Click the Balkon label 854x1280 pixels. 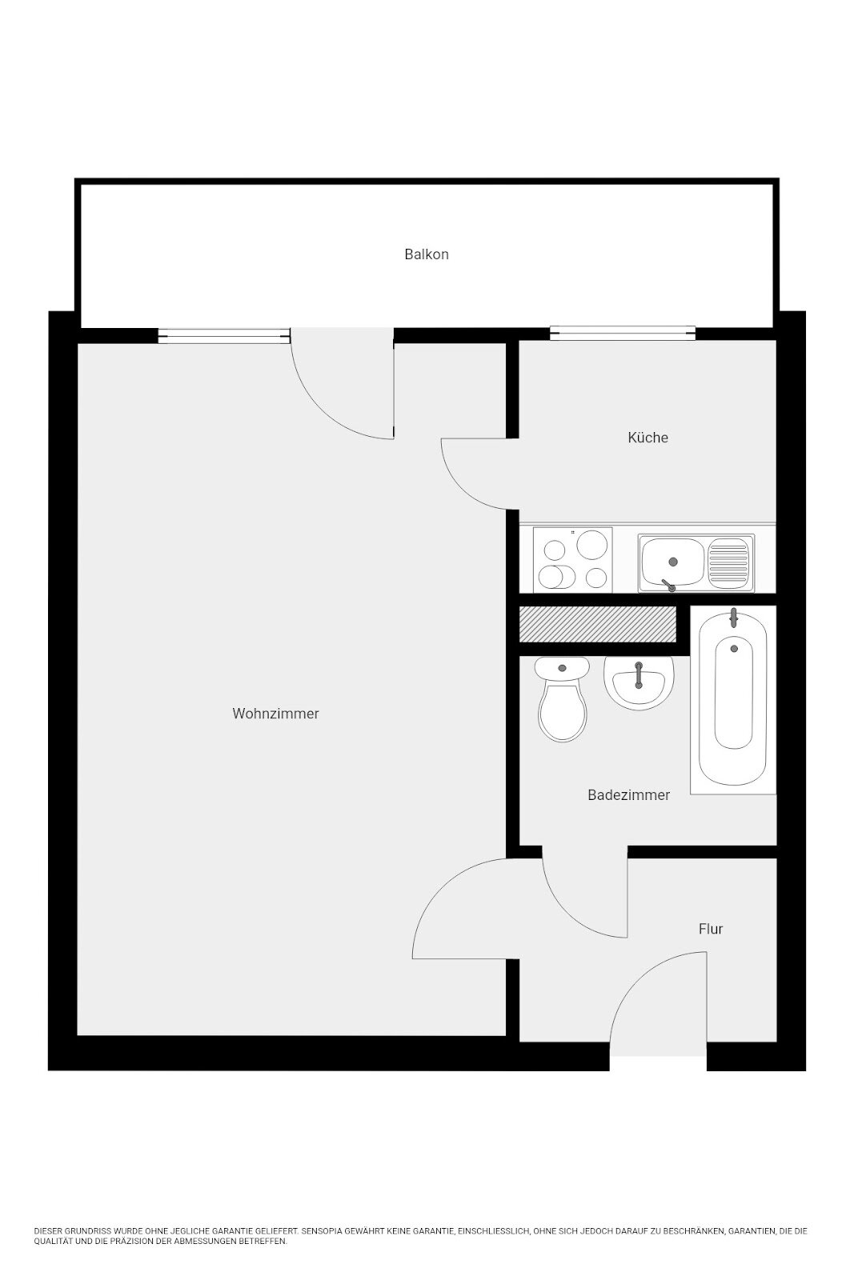pos(426,254)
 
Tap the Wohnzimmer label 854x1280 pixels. pos(275,714)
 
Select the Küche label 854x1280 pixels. pos(648,438)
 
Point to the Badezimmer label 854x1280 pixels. pos(628,795)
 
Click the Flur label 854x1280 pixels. pos(710,929)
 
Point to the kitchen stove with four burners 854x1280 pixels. pos(574,559)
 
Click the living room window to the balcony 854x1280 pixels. pos(224,336)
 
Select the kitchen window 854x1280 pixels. pos(623,333)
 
